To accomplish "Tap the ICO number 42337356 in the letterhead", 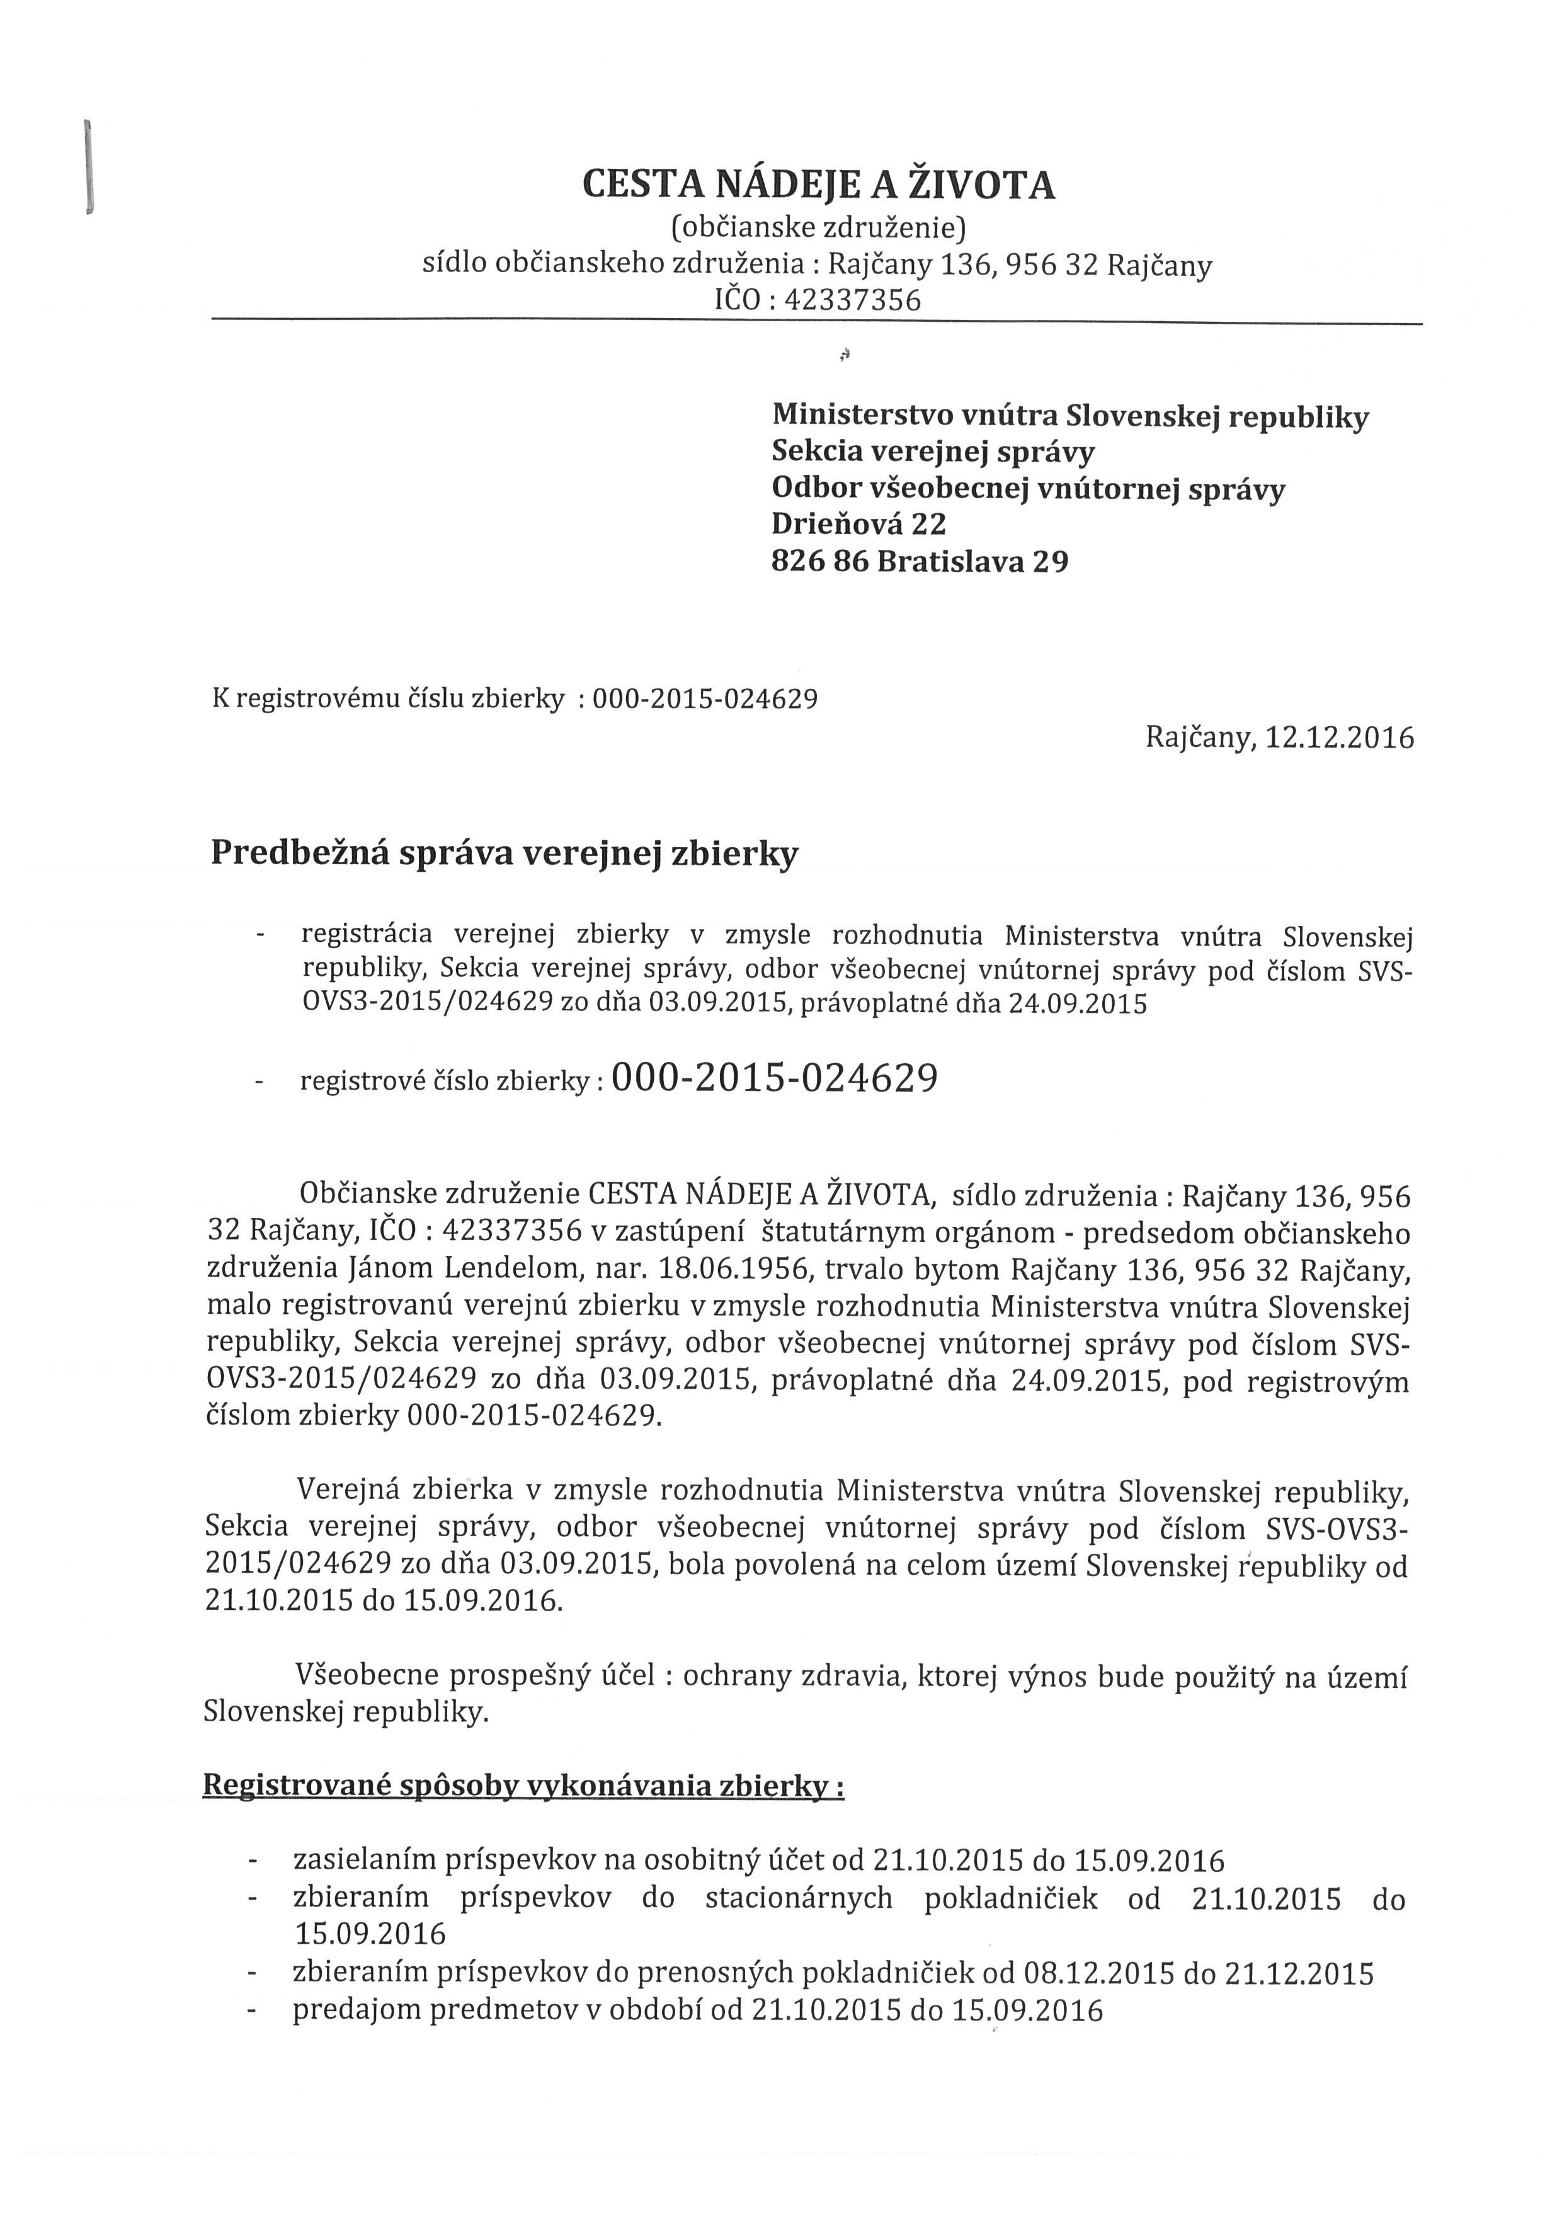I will coord(852,301).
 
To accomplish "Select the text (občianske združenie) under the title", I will coord(818,228).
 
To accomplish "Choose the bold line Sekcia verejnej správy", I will coord(933,451).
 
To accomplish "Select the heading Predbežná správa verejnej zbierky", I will coord(504,853).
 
